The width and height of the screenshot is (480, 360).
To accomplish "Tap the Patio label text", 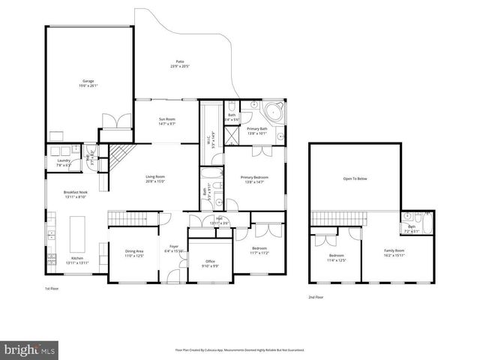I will tap(179, 64).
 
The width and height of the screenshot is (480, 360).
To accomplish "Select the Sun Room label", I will tap(166, 121).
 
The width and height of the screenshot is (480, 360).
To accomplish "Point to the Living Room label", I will tap(155, 178).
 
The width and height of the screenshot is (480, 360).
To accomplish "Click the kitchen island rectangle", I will tap(76, 233).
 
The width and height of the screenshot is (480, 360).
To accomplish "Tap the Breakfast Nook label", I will tap(76, 194).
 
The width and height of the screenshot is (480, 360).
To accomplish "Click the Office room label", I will tap(210, 262).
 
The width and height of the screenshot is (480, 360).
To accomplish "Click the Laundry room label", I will tap(63, 162).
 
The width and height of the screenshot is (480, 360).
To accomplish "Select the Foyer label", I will tap(174, 248).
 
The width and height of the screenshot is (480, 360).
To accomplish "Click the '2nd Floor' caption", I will tap(316, 298).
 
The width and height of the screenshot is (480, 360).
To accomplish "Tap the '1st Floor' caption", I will tap(51, 288).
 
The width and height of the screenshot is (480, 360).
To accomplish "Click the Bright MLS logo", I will tap(30, 349).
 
